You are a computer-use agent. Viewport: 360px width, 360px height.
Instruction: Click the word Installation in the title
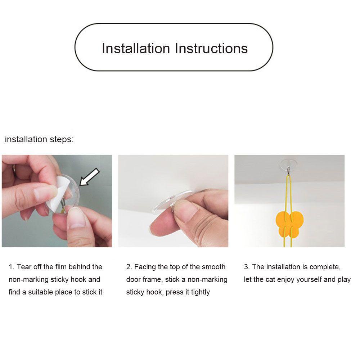(136, 48)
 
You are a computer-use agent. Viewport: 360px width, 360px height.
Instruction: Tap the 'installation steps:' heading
(39, 139)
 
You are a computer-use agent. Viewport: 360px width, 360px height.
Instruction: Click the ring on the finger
(14, 168)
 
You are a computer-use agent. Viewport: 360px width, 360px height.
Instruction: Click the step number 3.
(247, 267)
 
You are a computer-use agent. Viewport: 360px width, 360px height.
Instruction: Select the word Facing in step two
(145, 267)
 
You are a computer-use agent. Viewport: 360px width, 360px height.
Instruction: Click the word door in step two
(133, 280)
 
